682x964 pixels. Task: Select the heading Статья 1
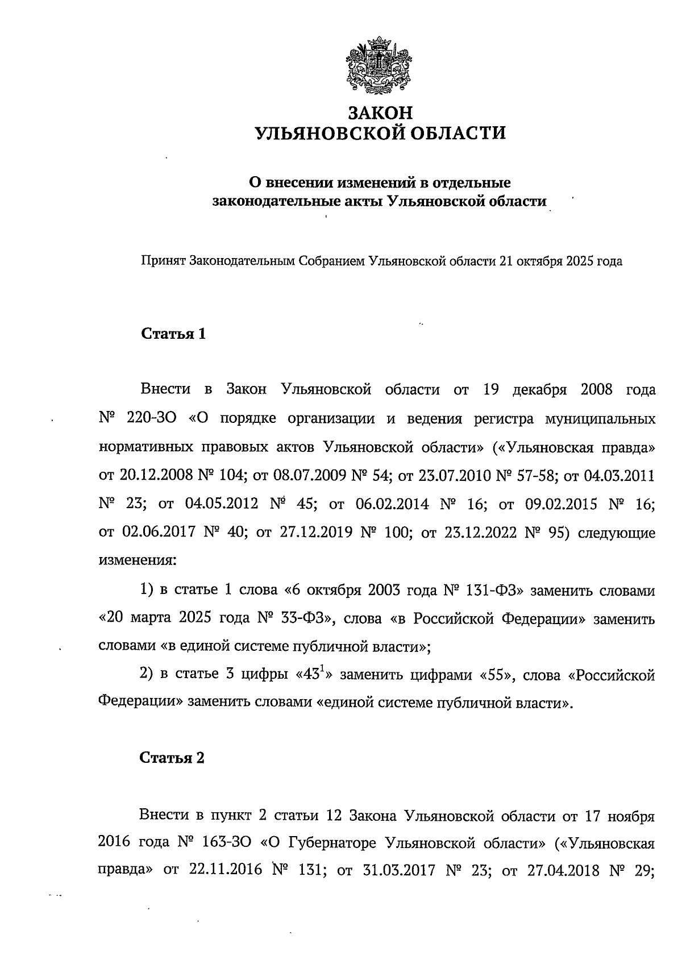(173, 334)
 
